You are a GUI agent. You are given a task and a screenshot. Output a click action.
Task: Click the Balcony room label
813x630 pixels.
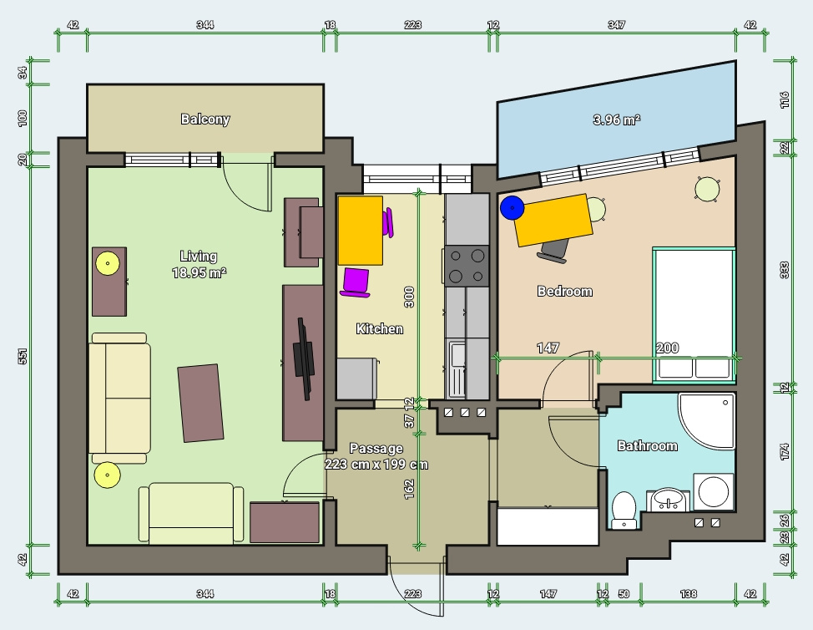[205, 119]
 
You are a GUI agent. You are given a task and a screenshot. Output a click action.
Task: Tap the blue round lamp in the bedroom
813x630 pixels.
[513, 207]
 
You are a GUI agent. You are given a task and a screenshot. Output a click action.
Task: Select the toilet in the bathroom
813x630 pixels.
[624, 510]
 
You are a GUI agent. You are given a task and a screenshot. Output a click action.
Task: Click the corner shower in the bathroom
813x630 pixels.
[706, 420]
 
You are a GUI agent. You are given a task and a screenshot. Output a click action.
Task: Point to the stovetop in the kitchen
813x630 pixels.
[467, 266]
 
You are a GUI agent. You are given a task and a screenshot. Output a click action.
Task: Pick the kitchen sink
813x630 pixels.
[457, 367]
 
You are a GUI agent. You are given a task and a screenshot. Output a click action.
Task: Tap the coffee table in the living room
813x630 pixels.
[200, 404]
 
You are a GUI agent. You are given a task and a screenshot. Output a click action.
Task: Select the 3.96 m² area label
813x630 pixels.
[617, 119]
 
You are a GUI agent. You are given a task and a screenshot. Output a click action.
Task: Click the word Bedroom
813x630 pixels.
[564, 291]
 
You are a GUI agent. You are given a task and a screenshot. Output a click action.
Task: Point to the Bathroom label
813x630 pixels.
[647, 446]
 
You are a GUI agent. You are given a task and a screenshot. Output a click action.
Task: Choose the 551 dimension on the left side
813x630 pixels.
[23, 356]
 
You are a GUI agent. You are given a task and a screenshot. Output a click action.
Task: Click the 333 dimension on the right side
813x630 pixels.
[785, 270]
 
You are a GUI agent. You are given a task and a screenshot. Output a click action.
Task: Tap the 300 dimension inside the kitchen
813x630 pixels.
[409, 297]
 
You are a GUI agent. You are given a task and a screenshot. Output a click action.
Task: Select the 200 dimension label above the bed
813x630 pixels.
[667, 348]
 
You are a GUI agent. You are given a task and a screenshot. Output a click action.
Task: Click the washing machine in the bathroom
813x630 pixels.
[714, 491]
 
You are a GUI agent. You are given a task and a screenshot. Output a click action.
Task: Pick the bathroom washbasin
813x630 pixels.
[669, 500]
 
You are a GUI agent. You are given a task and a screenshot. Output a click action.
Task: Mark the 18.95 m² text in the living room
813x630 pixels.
[199, 272]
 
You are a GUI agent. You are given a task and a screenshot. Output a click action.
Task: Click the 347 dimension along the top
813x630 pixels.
[617, 24]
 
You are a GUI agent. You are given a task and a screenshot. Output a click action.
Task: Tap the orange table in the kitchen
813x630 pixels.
[361, 231]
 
